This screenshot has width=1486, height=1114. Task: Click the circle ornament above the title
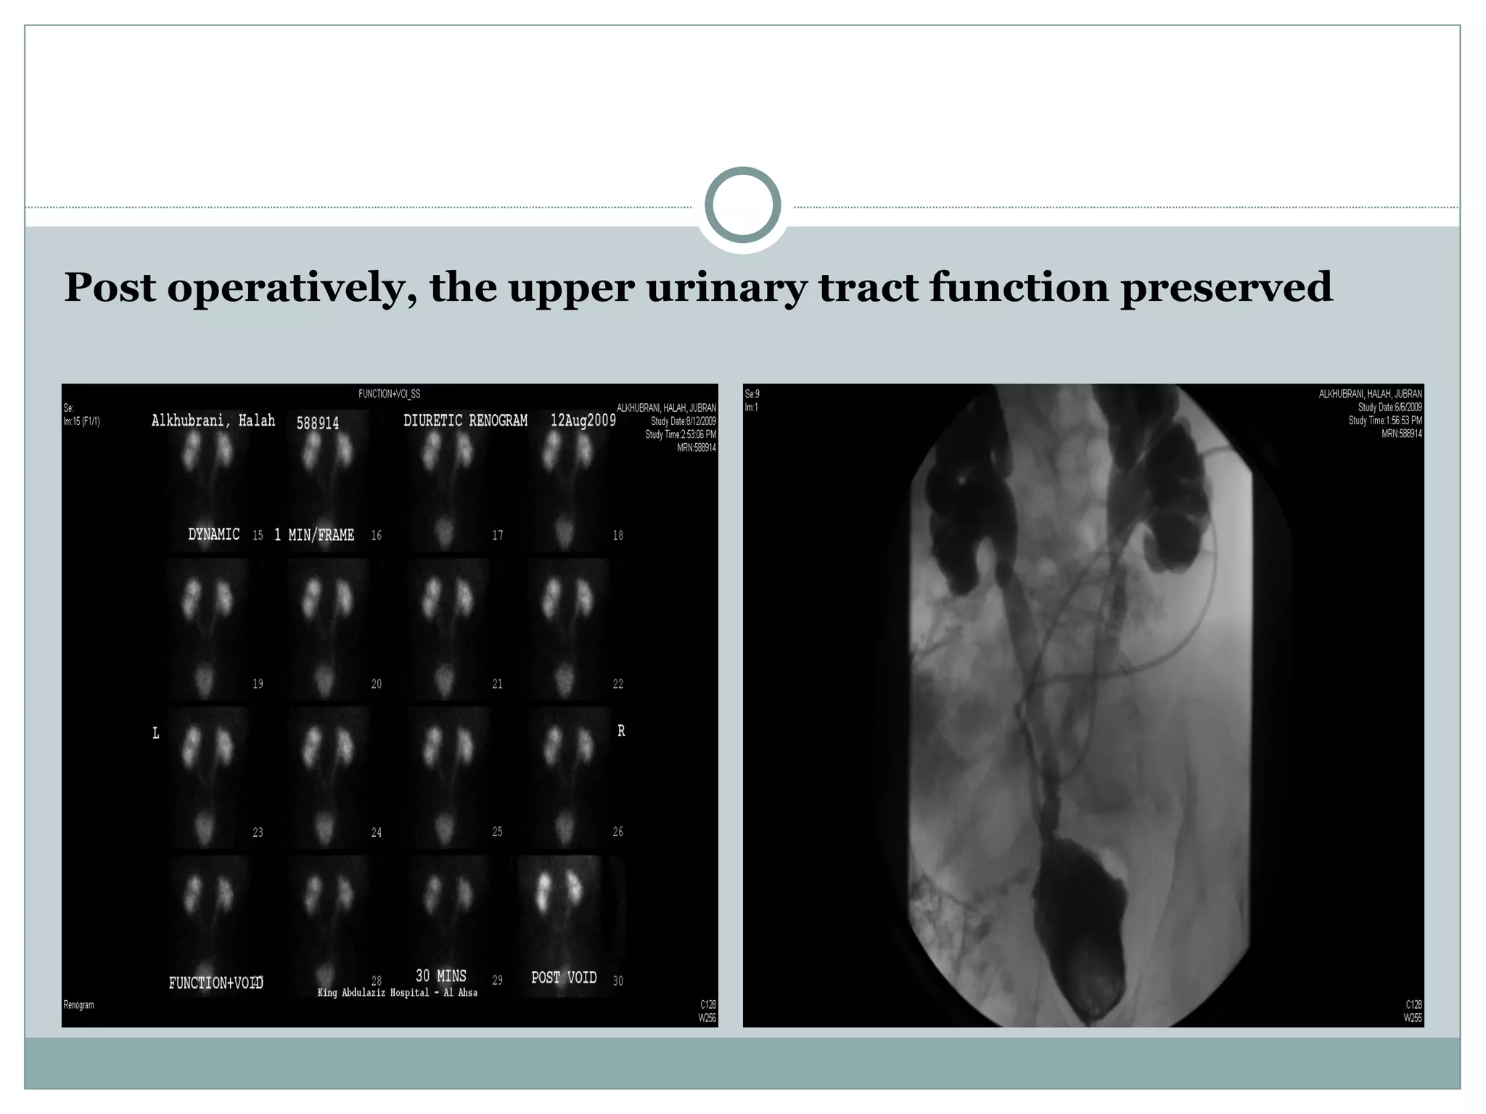coord(742,205)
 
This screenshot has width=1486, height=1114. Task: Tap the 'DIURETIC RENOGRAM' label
coord(465,421)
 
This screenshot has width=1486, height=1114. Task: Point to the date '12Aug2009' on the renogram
coord(583,421)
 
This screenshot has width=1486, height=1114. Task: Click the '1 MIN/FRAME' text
coord(314,535)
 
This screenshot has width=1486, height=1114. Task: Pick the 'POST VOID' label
coord(564,978)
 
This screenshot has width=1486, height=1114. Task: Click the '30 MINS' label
coord(440,975)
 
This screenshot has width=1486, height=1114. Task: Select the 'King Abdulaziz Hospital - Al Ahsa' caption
coord(398,993)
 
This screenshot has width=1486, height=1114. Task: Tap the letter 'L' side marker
coord(155,734)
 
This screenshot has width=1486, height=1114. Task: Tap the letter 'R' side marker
coord(621,731)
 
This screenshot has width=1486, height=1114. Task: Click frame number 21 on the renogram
coord(497,684)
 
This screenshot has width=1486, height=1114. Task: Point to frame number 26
coord(617,832)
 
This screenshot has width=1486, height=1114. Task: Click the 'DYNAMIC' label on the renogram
coord(213,535)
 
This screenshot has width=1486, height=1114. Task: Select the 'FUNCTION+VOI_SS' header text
coord(389,395)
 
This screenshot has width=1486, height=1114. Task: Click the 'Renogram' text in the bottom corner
coord(78,1005)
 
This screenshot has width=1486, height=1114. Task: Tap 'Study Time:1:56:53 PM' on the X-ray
coord(1384,421)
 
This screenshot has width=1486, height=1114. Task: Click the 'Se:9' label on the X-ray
coord(752,395)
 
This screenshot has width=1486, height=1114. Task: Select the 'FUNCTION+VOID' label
coord(215,983)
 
